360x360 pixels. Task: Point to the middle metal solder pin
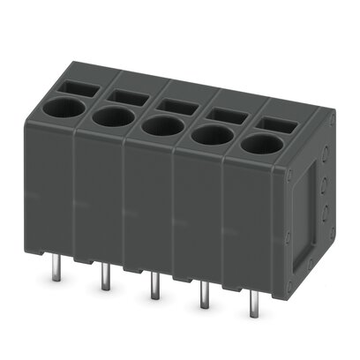click(x=154, y=288)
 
